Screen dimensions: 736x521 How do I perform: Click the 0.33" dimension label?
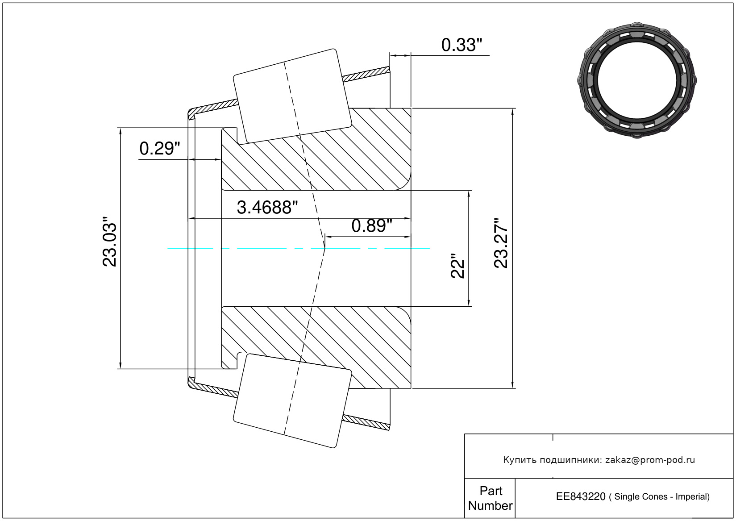pos(462,45)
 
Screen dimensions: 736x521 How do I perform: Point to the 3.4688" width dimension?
pos(267,208)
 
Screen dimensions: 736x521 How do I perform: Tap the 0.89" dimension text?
pos(372,226)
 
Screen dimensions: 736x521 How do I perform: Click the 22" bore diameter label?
pos(457,266)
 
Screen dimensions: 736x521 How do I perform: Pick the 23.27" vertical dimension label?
pos(501,243)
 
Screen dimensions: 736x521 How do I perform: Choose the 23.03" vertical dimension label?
pos(109,241)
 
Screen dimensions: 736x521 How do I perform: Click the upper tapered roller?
pos(292,96)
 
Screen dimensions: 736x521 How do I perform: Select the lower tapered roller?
pos(292,401)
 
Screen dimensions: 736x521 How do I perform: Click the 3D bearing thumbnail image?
pos(637,80)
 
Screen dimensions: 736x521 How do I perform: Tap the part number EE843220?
pos(581,496)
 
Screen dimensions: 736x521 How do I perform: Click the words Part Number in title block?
pos(490,498)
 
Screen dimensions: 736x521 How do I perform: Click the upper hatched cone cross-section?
pos(316,149)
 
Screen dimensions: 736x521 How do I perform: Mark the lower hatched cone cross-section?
pos(316,347)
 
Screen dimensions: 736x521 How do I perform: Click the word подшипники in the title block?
pos(571,460)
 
